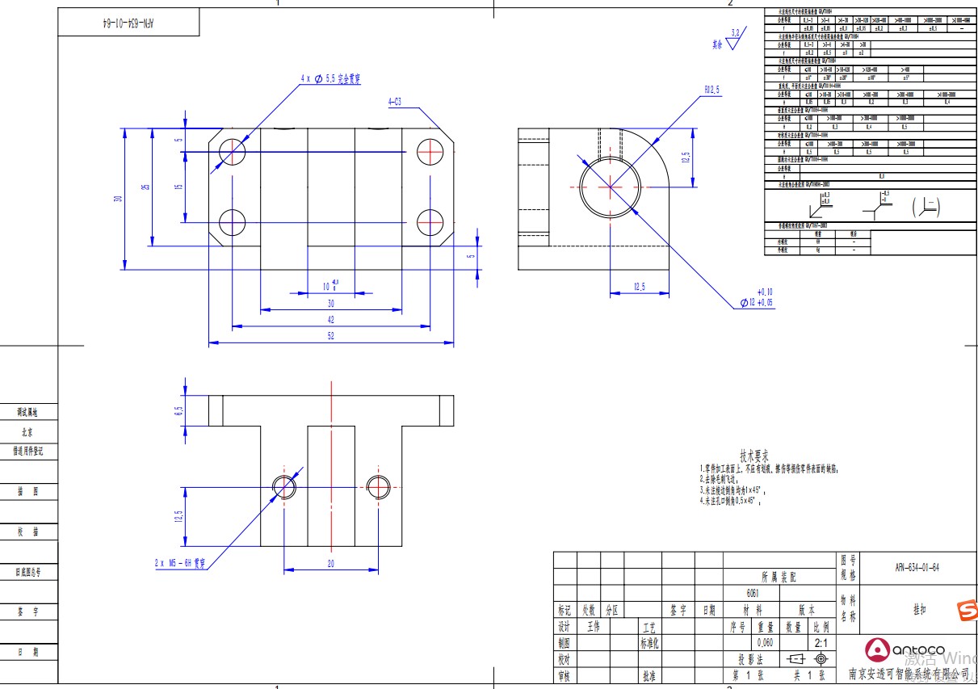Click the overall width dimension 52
pos(331,336)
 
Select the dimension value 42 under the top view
pos(331,320)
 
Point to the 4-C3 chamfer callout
pos(396,102)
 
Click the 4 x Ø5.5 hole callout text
pos(331,78)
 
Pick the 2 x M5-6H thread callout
pos(180,563)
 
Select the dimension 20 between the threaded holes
pos(331,564)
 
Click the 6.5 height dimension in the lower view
pos(179,411)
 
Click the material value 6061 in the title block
pos(752,593)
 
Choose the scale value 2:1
pos(821,643)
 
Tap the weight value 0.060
pos(766,643)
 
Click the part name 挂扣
pos(919,610)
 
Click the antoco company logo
pos(905,649)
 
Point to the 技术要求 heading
pos(754,456)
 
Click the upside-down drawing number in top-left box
pos(128,23)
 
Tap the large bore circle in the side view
pos(611,186)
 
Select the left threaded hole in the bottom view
pos(284,487)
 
